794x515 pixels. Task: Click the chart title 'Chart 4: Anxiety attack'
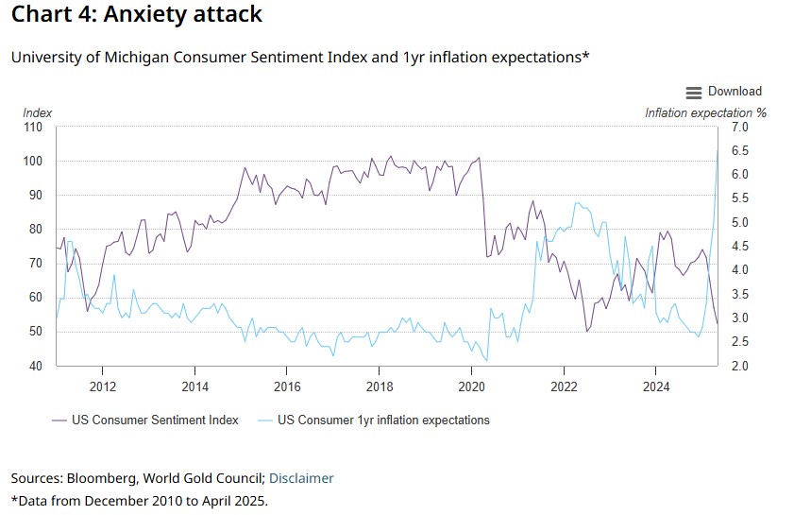[137, 15]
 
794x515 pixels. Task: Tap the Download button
[735, 92]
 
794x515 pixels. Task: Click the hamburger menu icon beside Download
[694, 92]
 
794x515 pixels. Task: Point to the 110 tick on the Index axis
[33, 128]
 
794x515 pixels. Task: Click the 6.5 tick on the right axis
[740, 151]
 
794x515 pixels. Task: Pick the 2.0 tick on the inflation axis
[740, 366]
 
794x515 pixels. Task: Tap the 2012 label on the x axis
[102, 386]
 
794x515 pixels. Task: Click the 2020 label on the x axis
[471, 386]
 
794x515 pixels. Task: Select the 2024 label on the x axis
[656, 386]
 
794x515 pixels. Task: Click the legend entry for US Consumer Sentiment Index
[155, 420]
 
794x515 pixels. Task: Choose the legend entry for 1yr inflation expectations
[383, 420]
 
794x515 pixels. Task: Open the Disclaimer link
[302, 478]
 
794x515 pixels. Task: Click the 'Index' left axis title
[38, 112]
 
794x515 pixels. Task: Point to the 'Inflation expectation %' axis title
[705, 112]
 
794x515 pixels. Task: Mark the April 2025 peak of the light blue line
[718, 150]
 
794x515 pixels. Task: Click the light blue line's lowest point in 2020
[486, 361]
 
